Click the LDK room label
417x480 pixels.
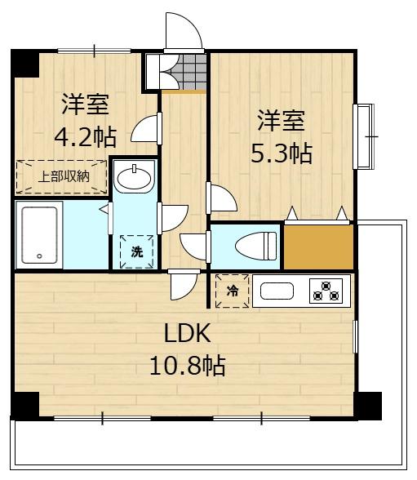(x=187, y=333)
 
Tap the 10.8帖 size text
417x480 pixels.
(x=188, y=365)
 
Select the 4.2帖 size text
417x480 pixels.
(x=86, y=137)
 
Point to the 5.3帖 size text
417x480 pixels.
(x=282, y=153)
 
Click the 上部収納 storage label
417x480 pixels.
(x=64, y=176)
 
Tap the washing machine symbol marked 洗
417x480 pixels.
(x=137, y=251)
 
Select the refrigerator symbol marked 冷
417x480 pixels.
(x=233, y=291)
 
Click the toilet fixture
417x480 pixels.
(x=255, y=246)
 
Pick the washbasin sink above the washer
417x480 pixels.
(x=135, y=176)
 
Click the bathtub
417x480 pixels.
(x=39, y=235)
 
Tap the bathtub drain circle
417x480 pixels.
(x=39, y=256)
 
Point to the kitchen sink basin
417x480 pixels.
(x=277, y=291)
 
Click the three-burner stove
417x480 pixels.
(x=326, y=291)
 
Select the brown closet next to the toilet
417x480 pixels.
(x=319, y=247)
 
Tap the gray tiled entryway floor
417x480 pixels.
(x=189, y=72)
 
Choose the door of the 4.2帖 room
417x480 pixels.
(x=146, y=129)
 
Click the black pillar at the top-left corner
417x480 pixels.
(x=25, y=63)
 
